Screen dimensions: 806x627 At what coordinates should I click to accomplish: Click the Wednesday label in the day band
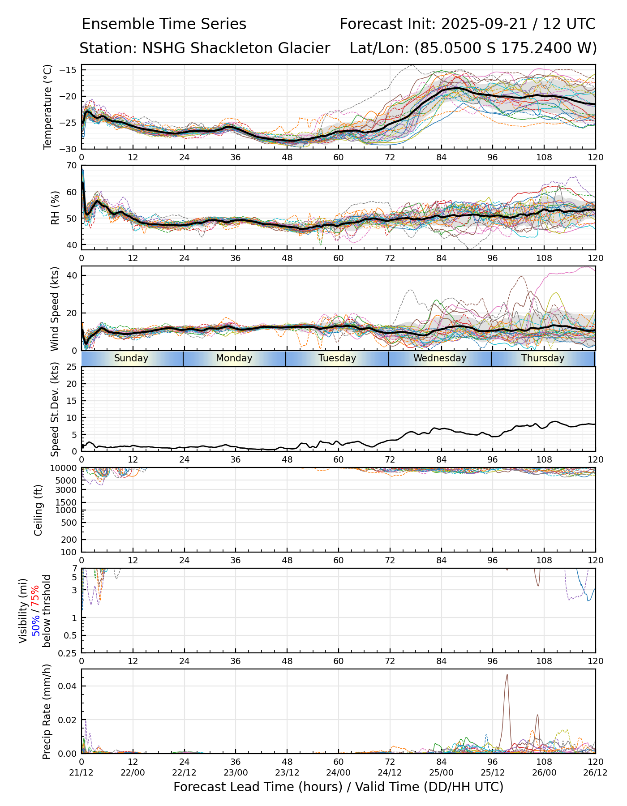click(x=440, y=358)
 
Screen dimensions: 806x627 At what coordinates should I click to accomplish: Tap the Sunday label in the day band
click(x=131, y=358)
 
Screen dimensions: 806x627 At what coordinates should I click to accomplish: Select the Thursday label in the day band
click(x=543, y=358)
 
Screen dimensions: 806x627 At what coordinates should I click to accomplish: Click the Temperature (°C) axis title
click(x=48, y=107)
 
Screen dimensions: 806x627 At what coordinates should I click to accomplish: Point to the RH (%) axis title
click(x=55, y=208)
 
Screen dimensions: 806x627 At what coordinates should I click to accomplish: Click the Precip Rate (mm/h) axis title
click(x=47, y=712)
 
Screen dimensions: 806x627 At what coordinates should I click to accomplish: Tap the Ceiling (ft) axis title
click(x=39, y=510)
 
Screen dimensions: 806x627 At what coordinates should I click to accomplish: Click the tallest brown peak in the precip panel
click(x=507, y=675)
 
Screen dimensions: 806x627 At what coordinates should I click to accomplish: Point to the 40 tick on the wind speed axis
click(x=72, y=275)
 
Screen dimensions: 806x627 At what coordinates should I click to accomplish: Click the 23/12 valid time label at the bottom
click(x=287, y=772)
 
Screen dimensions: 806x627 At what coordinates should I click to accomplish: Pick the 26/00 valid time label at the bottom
click(x=544, y=772)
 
